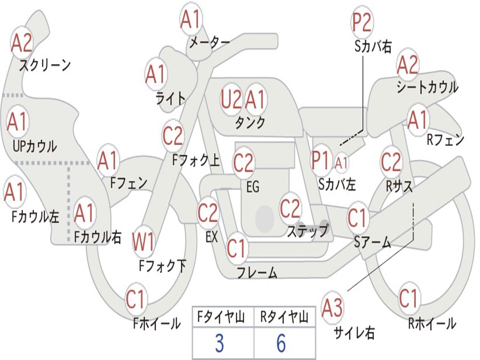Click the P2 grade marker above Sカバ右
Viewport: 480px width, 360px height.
[361, 22]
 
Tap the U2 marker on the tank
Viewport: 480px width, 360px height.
[231, 99]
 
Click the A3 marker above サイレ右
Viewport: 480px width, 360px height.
[332, 307]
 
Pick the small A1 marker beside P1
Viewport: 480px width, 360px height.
[341, 163]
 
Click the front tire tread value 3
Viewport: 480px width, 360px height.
[219, 343]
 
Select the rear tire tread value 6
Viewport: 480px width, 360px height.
[281, 343]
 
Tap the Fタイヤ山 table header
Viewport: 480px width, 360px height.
[221, 317]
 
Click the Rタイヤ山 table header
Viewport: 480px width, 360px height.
[285, 317]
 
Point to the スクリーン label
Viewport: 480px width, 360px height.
[45, 65]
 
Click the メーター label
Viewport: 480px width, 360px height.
[210, 43]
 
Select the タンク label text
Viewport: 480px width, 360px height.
[250, 123]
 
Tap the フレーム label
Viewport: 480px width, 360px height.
[257, 272]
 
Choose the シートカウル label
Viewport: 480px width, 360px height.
[427, 87]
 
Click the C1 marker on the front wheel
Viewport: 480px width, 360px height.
[135, 299]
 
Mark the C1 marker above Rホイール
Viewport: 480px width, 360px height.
[408, 298]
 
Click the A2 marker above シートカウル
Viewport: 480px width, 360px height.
[407, 65]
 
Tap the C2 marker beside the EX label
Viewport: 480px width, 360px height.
[208, 212]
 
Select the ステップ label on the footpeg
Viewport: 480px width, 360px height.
[307, 231]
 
